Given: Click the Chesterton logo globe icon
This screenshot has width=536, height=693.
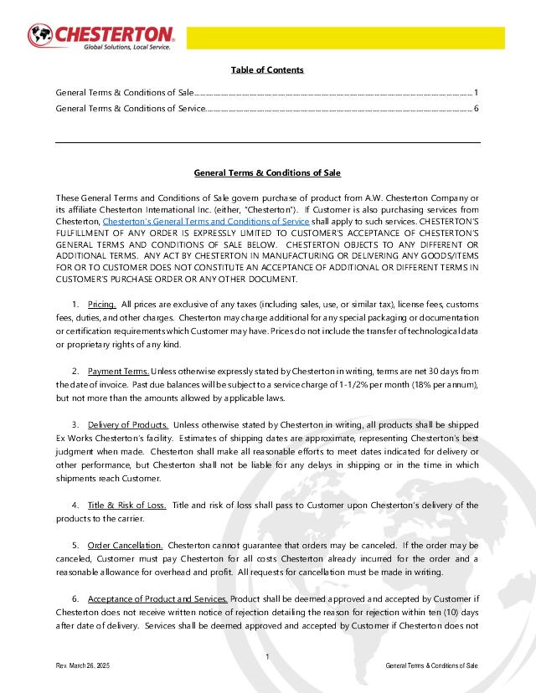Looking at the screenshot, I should (x=39, y=36).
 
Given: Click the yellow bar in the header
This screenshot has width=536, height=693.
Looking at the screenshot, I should (x=345, y=38).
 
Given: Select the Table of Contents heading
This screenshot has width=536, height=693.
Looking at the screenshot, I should (x=267, y=69).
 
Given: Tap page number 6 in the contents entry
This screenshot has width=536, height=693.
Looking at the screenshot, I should (x=476, y=108).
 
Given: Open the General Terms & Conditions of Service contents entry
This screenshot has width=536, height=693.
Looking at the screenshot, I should (x=131, y=108).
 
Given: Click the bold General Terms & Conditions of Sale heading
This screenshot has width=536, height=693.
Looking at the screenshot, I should (x=267, y=173).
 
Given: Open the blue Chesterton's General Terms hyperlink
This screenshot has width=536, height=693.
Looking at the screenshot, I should (x=205, y=221).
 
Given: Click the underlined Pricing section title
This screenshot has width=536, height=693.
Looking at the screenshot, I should (x=102, y=305).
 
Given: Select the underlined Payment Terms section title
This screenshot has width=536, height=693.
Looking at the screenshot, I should (x=118, y=371).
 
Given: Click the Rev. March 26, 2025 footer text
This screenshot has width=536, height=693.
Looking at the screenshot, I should (x=82, y=665).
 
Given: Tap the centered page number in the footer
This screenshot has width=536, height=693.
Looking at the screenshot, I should (x=266, y=656).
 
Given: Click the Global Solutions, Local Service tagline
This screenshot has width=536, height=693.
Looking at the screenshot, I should (x=126, y=48).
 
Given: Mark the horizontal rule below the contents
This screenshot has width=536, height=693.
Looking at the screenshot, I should (x=267, y=143).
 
